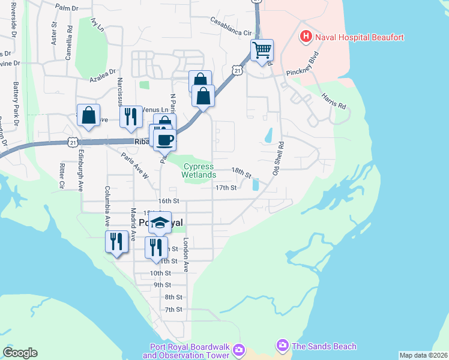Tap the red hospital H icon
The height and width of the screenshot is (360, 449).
coord(306,37)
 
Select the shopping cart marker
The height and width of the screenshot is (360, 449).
coord(262,50)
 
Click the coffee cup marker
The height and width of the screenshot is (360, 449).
coord(164,139)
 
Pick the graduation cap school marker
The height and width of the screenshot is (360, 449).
coord(160,222)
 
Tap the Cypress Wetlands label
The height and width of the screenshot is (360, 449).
coord(199,170)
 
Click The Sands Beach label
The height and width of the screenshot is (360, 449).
coord(324,346)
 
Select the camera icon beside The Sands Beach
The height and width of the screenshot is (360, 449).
coord(282,346)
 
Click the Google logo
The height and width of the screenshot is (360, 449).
coord(20,353)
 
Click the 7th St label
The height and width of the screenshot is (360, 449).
coord(173,310)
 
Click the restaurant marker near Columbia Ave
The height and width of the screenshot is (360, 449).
coord(116,241)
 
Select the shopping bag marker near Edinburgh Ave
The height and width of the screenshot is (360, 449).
coord(88,116)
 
